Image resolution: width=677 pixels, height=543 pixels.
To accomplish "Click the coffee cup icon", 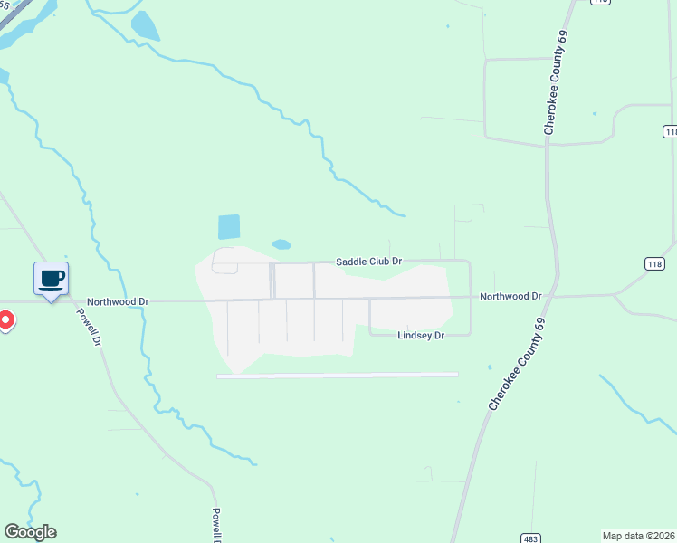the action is [51, 278].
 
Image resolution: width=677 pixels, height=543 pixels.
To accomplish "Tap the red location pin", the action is [5, 320].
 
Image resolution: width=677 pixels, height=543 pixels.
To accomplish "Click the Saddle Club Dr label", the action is [368, 261].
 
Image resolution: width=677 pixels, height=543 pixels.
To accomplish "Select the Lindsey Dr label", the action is [421, 335].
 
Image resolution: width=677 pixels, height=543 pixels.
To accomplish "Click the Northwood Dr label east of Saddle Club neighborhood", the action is [510, 296].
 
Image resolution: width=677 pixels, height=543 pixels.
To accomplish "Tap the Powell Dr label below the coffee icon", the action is [88, 325].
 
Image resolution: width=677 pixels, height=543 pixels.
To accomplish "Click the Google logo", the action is [30, 532].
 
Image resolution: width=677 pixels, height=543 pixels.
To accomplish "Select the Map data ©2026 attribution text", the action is [638, 536].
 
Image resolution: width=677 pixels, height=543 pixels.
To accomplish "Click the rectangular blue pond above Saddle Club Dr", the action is [229, 226].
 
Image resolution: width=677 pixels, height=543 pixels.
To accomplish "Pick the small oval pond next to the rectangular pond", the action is [281, 244].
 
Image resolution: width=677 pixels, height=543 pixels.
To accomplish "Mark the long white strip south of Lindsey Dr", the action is [337, 375].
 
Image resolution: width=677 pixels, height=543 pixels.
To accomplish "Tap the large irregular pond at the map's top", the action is [145, 27].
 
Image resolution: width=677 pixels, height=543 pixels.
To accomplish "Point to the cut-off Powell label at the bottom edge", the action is [216, 525].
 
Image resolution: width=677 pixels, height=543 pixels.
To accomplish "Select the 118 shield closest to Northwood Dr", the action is [658, 263].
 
